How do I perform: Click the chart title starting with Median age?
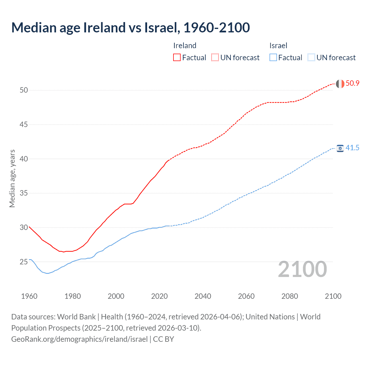point(130,28)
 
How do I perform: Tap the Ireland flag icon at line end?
point(340,84)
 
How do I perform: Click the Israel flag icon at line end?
point(340,148)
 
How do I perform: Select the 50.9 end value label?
point(352,83)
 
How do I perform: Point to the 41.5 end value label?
point(352,148)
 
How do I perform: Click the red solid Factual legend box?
point(177,58)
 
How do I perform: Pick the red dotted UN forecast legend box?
point(215,58)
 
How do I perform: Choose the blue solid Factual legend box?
point(273,58)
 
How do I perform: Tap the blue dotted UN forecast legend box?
point(311,58)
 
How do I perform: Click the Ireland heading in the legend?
point(185,46)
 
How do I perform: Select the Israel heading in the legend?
point(278,46)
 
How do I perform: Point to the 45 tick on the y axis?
point(24,125)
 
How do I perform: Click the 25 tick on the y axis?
point(24,262)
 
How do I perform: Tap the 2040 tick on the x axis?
point(203,296)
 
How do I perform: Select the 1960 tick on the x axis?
point(29,296)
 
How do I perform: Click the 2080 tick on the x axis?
point(290,296)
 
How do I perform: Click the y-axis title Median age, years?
point(12,178)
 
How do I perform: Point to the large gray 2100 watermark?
point(302,269)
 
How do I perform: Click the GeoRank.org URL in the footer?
point(79,339)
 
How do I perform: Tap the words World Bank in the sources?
point(76,317)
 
